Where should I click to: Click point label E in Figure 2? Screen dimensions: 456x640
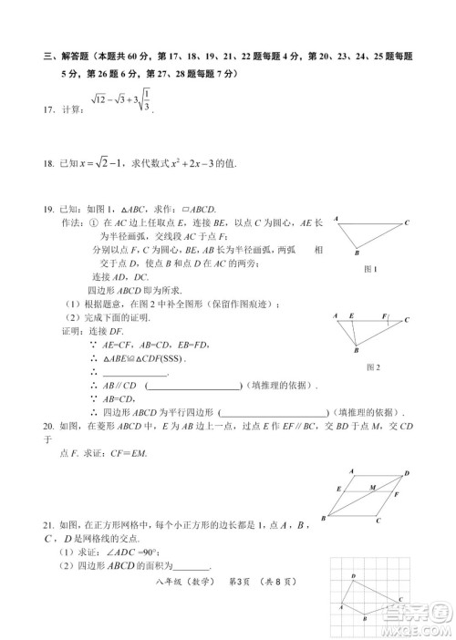tap(351, 315)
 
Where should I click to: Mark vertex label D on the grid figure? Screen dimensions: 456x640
tap(353, 578)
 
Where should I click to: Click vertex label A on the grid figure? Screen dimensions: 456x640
tap(343, 607)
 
